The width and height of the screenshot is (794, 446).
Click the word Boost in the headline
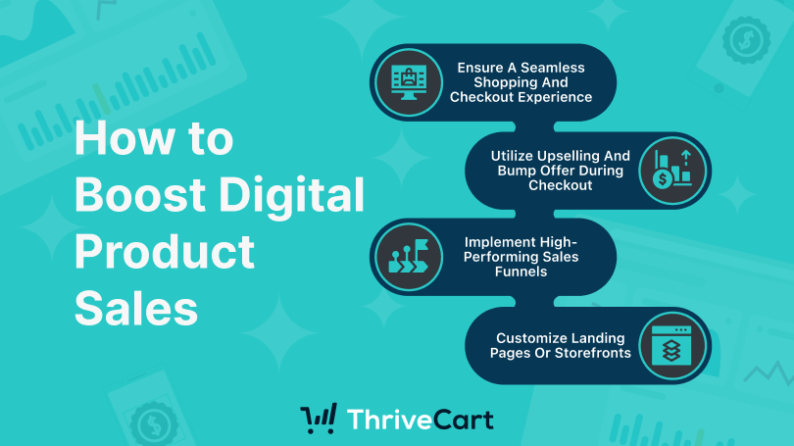point(140,194)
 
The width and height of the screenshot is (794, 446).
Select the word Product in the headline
point(165,252)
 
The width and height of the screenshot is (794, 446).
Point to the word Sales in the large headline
point(136,307)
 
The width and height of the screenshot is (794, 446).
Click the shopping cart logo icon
point(319,419)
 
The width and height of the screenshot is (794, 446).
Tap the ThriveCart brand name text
point(421,420)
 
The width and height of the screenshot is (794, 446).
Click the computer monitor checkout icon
point(409,82)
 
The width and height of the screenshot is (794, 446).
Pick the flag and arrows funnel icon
point(408,257)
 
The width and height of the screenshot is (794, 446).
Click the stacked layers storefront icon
point(671,345)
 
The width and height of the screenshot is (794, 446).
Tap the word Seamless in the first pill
point(553,68)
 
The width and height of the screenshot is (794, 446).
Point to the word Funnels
point(521,272)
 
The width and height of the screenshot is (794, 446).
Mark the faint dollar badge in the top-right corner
point(746,40)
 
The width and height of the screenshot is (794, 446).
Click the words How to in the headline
point(154,138)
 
